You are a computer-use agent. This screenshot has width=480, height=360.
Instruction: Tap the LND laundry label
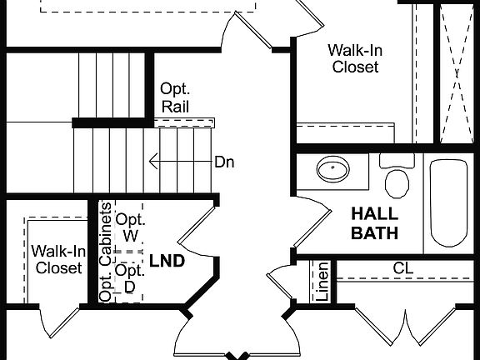pyautogui.click(x=167, y=261)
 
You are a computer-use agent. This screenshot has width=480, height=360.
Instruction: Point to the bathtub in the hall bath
pyautogui.click(x=450, y=202)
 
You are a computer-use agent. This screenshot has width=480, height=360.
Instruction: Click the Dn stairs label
pyautogui.click(x=224, y=162)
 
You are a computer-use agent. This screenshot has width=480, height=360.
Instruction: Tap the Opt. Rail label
pyautogui.click(x=176, y=97)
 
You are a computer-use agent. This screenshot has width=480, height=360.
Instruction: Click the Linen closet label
pyautogui.click(x=322, y=282)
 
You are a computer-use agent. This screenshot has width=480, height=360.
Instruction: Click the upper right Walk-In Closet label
pyautogui.click(x=356, y=58)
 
